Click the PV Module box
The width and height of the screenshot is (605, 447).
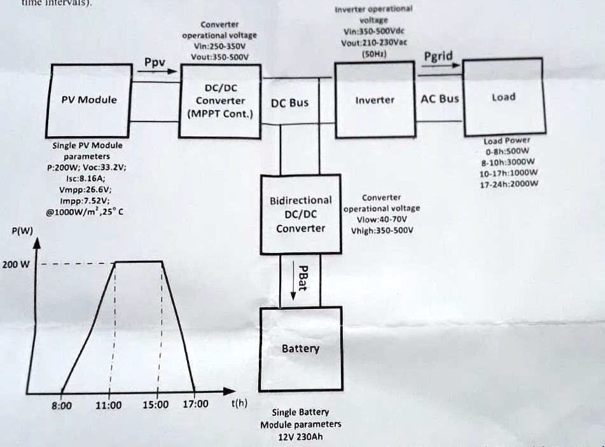click(x=89, y=100)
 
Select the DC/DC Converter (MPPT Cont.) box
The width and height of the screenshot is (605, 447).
click(x=220, y=101)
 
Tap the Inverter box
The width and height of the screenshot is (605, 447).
click(x=375, y=100)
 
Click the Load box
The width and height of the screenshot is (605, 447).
click(x=503, y=97)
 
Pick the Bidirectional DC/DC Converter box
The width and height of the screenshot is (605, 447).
click(x=301, y=214)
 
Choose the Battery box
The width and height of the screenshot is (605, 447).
click(x=300, y=348)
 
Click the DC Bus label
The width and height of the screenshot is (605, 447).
click(x=289, y=102)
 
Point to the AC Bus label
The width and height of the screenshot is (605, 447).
click(x=440, y=99)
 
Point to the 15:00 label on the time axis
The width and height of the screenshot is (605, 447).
click(x=155, y=404)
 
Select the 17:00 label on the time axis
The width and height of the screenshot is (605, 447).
click(x=195, y=404)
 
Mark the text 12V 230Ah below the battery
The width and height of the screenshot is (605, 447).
click(x=300, y=437)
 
